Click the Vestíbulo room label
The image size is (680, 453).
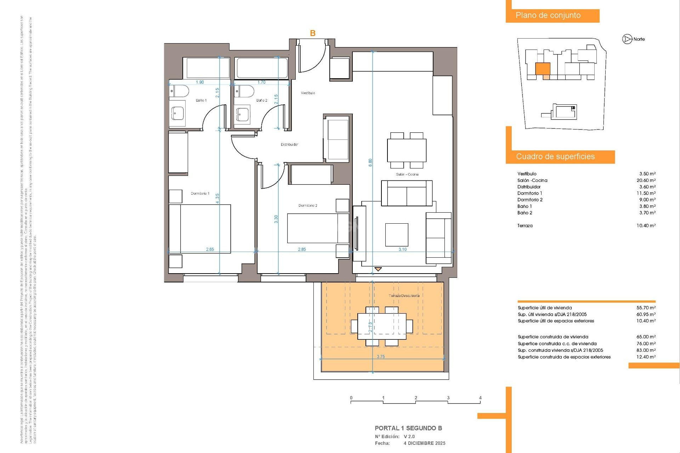point(308,93)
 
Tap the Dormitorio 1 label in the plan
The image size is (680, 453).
point(200,194)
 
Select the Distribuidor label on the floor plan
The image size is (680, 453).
point(289,144)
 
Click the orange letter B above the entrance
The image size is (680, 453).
point(313,33)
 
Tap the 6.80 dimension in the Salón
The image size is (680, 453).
point(370,163)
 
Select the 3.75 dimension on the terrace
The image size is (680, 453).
point(381,357)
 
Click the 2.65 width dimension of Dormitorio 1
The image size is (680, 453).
point(210,250)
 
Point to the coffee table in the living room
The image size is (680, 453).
point(397,235)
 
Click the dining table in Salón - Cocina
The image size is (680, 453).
point(407,150)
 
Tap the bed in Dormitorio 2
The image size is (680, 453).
point(318,228)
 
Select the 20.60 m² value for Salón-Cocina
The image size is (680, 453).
point(646,180)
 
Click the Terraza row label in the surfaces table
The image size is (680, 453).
point(525,226)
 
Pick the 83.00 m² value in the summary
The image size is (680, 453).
point(646,350)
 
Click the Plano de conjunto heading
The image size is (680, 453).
point(548,16)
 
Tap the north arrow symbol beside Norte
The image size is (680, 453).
point(627,39)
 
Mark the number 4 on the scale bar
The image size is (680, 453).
point(480,398)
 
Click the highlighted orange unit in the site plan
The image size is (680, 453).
point(543,69)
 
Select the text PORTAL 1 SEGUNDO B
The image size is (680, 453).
point(408,428)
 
